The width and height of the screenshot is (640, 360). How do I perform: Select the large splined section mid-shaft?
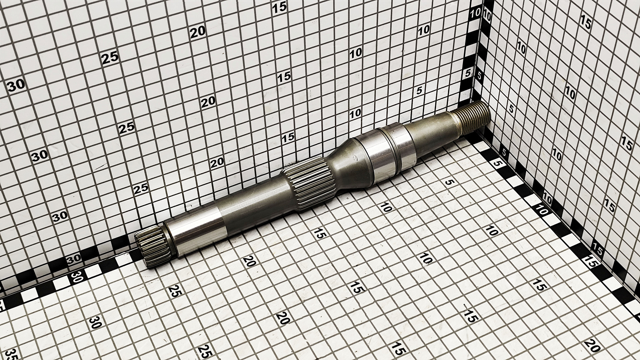coord(308,184)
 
